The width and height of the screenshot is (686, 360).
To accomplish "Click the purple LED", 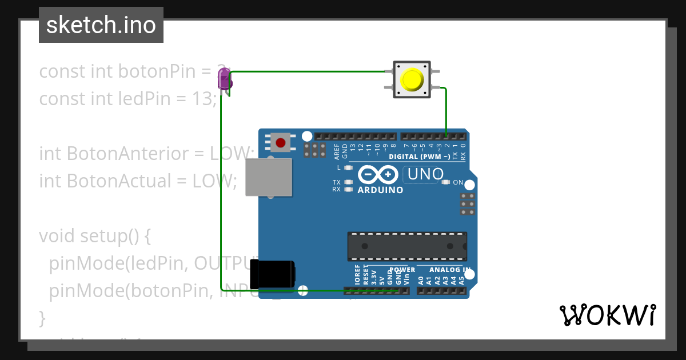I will [x=224, y=78].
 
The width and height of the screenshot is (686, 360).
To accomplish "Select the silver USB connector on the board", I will [x=268, y=177].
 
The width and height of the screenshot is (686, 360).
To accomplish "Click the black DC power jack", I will [x=276, y=274].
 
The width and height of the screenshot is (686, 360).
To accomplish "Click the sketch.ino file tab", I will [x=101, y=25].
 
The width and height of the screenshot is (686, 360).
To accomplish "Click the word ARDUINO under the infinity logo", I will [x=380, y=190].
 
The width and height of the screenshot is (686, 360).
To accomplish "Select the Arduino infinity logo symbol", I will [x=377, y=174].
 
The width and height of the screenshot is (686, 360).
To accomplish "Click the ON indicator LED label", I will [x=458, y=182].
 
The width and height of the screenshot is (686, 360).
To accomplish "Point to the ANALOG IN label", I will [x=450, y=269].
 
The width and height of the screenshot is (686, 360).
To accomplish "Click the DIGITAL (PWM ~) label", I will [x=420, y=157].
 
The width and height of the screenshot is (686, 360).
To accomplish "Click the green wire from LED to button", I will [x=309, y=72].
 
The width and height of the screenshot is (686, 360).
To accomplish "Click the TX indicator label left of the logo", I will [x=337, y=182].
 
